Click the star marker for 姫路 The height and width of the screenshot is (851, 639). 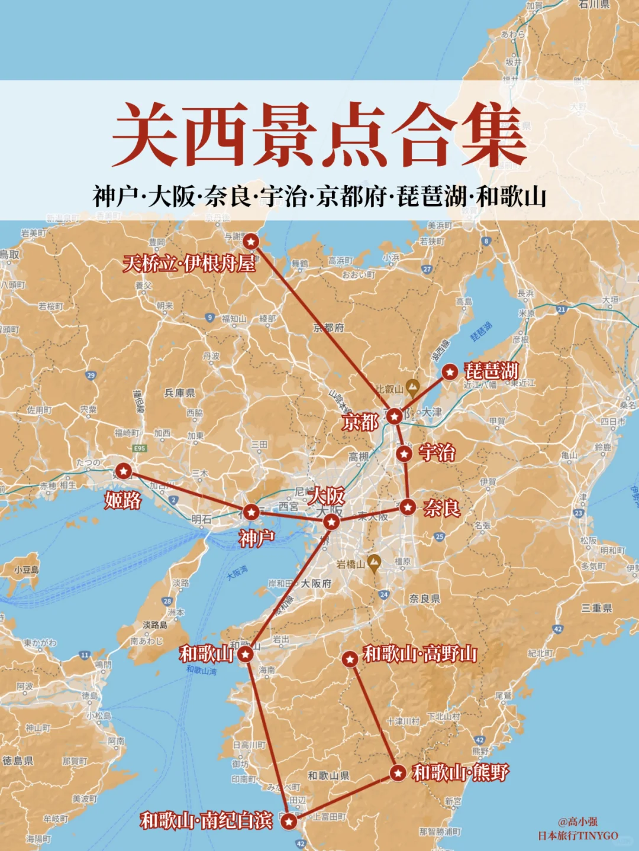[123, 471]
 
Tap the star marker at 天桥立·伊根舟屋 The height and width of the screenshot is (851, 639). [251, 241]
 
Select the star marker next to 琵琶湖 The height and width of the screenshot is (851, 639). [450, 371]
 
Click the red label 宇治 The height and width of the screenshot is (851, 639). [437, 453]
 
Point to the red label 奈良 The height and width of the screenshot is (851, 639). [441, 507]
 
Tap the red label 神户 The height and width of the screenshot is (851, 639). [257, 538]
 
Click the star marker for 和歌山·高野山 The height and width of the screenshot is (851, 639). [350, 658]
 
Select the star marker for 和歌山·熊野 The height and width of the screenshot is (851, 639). [398, 772]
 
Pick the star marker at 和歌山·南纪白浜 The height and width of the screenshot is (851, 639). [288, 821]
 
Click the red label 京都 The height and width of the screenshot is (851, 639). [360, 422]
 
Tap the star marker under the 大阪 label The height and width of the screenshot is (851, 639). [331, 522]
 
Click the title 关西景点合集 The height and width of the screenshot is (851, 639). [319, 135]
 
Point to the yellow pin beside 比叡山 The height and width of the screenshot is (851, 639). [413, 388]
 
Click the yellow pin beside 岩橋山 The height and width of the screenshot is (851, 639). [373, 562]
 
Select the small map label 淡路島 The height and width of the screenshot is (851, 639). [155, 625]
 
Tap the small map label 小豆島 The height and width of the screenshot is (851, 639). [27, 570]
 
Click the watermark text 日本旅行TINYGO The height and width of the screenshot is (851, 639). [577, 836]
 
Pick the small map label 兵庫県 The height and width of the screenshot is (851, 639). [179, 393]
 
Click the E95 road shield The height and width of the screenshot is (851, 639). [140, 448]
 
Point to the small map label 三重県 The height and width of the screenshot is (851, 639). [596, 608]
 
